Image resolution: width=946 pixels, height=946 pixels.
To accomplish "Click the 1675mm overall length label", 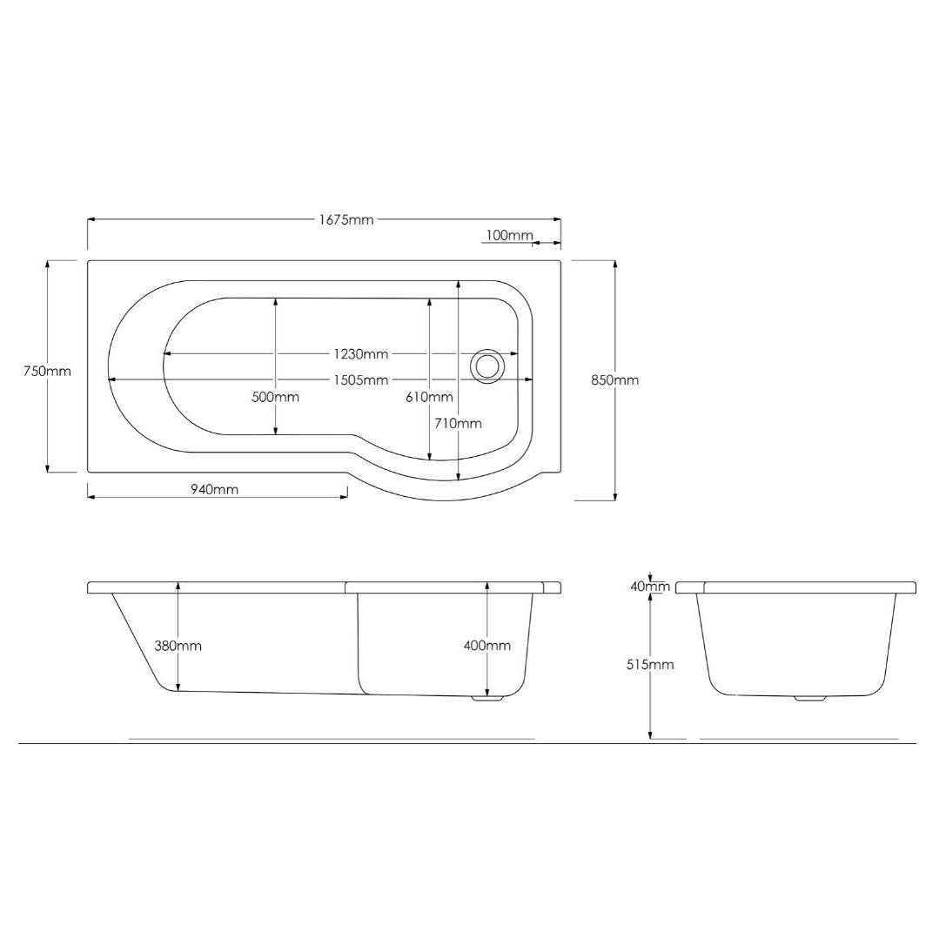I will tap(346, 220).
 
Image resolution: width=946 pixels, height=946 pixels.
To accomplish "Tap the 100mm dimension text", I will tap(509, 235).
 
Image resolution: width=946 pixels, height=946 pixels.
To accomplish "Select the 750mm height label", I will tap(46, 372).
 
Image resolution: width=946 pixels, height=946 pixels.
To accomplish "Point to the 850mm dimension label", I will tap(614, 380).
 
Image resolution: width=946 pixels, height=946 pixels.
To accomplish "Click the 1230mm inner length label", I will tap(360, 354).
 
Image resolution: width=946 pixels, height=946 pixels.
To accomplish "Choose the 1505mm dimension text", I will tap(360, 380).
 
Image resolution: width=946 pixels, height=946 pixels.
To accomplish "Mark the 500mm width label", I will tap(275, 397).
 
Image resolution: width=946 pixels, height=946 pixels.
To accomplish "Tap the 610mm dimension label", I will tap(429, 398).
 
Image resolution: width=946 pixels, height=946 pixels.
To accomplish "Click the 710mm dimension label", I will tap(458, 424).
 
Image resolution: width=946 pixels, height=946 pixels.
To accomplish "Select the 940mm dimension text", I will tap(214, 489).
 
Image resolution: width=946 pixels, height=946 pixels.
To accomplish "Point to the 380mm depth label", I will tap(178, 646).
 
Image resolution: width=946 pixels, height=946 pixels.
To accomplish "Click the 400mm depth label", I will tap(486, 646).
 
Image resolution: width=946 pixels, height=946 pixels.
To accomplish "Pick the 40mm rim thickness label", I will tap(649, 587).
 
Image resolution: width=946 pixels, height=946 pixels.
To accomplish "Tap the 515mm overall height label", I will tap(649, 665).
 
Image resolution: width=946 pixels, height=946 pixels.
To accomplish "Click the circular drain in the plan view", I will tap(486, 366).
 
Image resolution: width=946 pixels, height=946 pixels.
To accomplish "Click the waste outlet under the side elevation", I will tap(486, 697).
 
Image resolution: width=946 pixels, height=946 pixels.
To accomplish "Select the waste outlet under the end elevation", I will tap(810, 698).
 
